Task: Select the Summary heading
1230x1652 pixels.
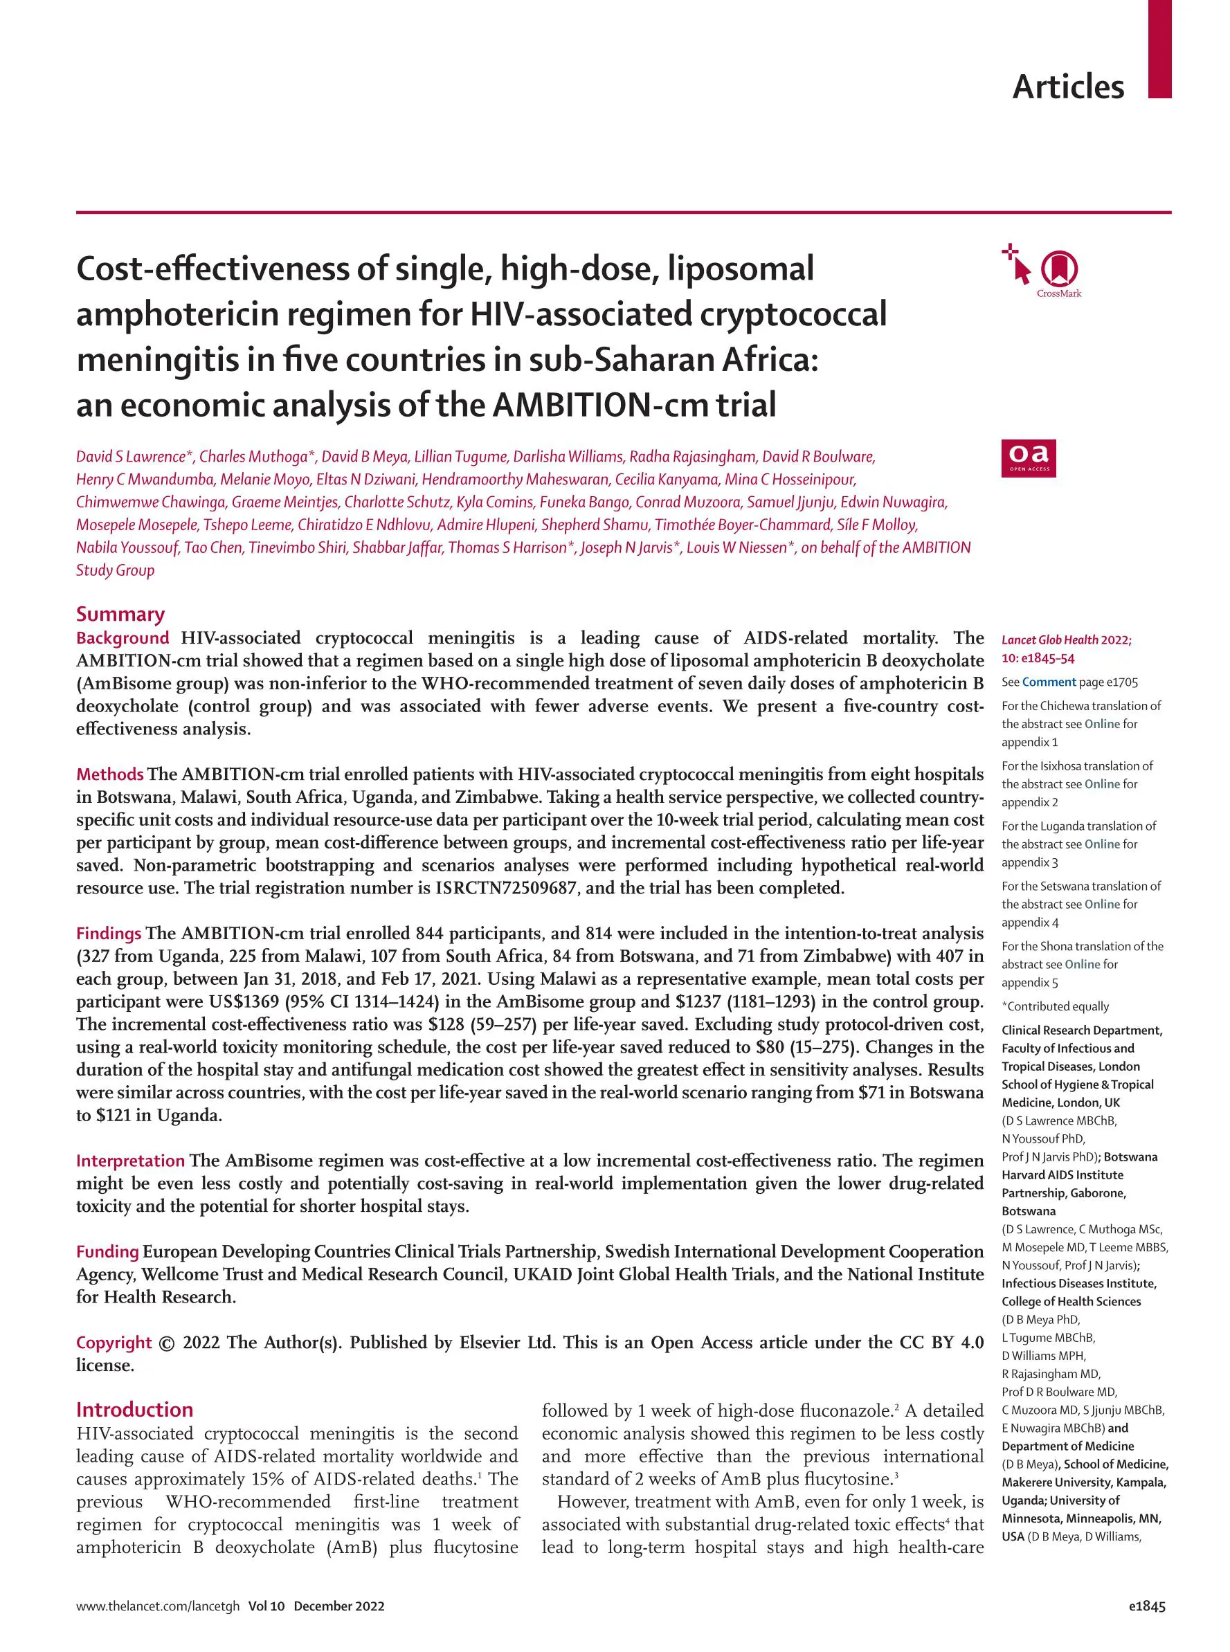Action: tap(120, 614)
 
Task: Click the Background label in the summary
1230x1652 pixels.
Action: tap(122, 638)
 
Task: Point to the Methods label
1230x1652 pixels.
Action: tap(109, 774)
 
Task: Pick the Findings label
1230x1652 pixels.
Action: tap(109, 934)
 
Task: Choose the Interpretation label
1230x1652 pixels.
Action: tap(130, 1161)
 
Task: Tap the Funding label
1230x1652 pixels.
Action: tap(107, 1251)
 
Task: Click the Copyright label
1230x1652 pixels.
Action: tap(114, 1343)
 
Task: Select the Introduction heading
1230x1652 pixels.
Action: tap(134, 1410)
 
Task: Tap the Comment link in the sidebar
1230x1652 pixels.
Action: tap(1049, 682)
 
